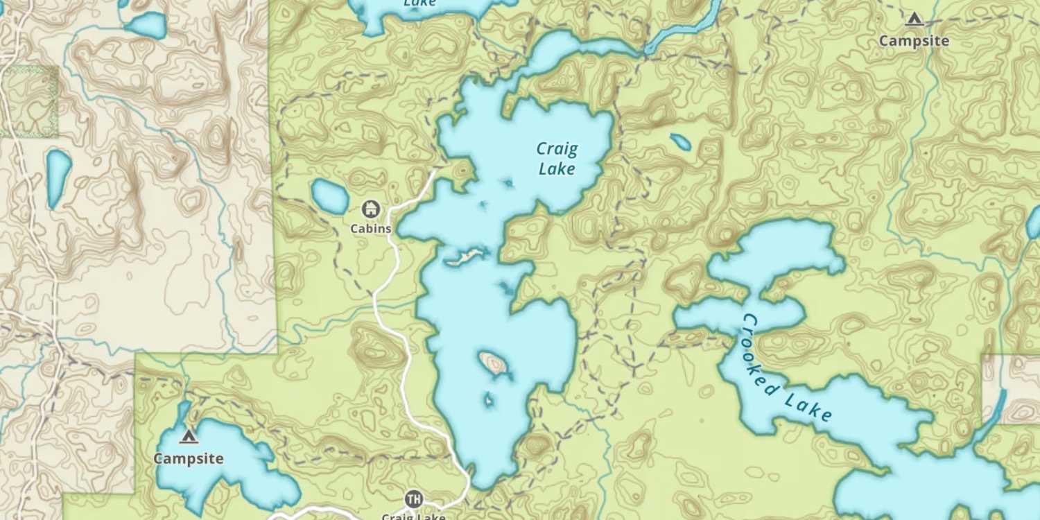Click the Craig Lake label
click(557, 158)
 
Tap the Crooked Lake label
click(787, 368)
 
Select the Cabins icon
click(371, 208)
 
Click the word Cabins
click(371, 228)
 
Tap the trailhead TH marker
click(413, 499)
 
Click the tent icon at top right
click(914, 19)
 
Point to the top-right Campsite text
click(914, 41)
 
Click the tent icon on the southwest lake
click(188, 436)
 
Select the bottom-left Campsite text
click(188, 458)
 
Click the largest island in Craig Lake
click(493, 363)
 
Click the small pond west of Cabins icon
click(330, 196)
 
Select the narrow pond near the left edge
click(58, 177)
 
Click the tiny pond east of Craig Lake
click(681, 141)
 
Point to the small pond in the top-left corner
click(146, 26)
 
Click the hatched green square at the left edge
click(29, 101)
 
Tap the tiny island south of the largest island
click(488, 400)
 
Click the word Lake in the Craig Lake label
click(557, 168)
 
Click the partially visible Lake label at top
click(419, 3)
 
